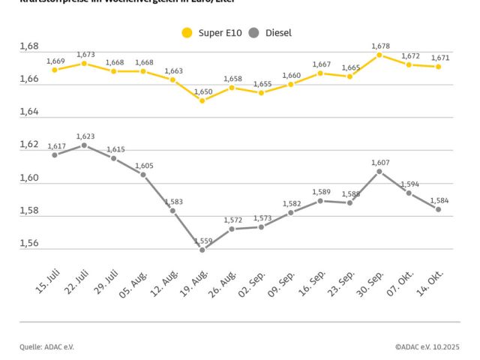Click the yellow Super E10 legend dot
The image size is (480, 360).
point(187,33)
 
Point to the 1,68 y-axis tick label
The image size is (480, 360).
point(29,46)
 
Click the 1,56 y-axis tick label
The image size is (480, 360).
point(29,243)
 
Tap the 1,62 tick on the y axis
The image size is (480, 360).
point(29,145)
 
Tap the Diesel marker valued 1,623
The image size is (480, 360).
point(84,145)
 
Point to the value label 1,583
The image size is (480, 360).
point(174,202)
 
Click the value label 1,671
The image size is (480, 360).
point(440,58)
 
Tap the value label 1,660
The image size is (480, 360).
point(292,75)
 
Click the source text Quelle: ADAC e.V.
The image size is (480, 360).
point(47,346)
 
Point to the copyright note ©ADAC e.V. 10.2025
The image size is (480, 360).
point(427,346)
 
